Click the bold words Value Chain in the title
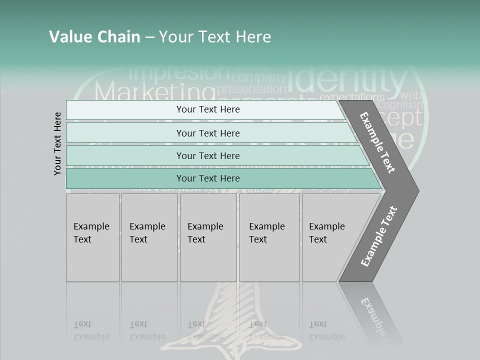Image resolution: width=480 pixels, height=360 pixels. [x=94, y=36]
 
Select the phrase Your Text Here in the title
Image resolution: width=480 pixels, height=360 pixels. [x=215, y=36]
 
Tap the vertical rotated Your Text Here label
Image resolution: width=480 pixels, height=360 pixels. [x=57, y=143]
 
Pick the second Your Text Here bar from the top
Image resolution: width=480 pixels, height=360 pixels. [x=208, y=133]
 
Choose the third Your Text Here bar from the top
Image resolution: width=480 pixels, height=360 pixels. [x=208, y=155]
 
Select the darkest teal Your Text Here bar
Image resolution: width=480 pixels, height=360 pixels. [x=208, y=178]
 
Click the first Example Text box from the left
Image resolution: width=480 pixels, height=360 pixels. [x=92, y=237]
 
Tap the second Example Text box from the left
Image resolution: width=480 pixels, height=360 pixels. [x=149, y=237]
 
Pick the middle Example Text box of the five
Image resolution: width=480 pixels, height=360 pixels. [x=208, y=237]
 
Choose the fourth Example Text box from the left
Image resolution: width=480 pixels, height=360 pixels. [x=269, y=237]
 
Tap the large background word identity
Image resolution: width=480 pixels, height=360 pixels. [x=347, y=79]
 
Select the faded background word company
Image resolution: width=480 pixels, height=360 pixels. [x=258, y=77]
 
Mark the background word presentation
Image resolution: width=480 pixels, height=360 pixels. [x=252, y=89]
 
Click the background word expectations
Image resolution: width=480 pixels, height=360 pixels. [x=351, y=96]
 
